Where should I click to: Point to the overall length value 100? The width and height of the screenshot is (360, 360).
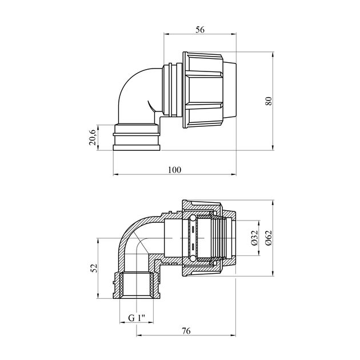pos(175,170)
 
